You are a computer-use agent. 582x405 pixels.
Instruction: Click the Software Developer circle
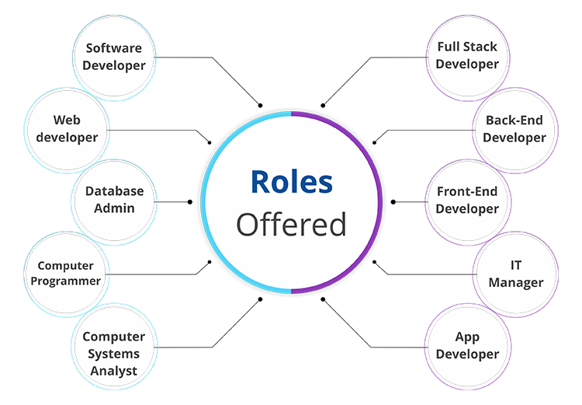[114, 58]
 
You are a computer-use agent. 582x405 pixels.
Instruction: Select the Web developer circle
[67, 130]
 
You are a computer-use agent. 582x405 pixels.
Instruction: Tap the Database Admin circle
[114, 202]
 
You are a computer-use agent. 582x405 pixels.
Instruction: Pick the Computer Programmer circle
[67, 274]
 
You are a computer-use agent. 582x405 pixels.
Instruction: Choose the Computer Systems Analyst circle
[114, 347]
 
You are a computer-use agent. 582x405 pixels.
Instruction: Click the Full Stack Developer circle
[468, 58]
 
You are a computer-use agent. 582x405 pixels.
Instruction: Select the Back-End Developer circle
[515, 130]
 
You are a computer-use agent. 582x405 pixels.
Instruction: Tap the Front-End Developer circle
[468, 202]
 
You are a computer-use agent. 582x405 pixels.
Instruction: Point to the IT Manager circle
[515, 274]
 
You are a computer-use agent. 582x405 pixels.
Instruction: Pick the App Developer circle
[468, 347]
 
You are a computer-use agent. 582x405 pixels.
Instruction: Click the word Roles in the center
[292, 182]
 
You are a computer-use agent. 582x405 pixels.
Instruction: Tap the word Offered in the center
[291, 224]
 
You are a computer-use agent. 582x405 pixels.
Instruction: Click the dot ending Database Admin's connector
[190, 202]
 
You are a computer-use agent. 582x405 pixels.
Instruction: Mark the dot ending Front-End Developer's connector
[393, 202]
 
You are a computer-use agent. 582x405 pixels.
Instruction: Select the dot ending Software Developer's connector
[260, 106]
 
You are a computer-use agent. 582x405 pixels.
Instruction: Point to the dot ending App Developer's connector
[323, 299]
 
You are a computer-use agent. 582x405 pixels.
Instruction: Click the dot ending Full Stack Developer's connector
[323, 106]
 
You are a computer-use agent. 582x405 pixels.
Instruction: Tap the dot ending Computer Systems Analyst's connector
[260, 299]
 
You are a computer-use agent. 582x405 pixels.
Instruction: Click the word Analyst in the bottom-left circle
[113, 371]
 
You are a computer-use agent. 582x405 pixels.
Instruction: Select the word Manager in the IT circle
[516, 283]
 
